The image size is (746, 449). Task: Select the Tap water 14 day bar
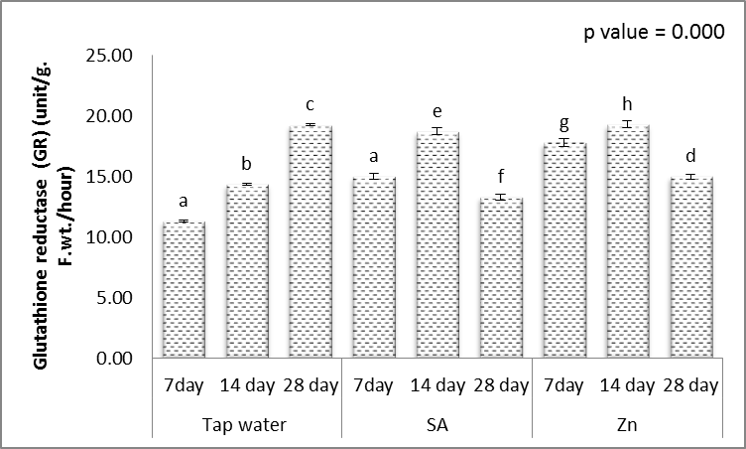pos(247,270)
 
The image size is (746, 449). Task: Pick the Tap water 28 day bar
pos(310,241)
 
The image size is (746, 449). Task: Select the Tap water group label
pos(247,424)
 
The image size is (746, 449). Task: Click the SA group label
pos(436,424)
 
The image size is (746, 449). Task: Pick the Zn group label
pos(626,424)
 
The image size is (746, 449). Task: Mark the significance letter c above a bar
pos(310,104)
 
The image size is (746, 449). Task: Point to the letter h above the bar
pos(626,102)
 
